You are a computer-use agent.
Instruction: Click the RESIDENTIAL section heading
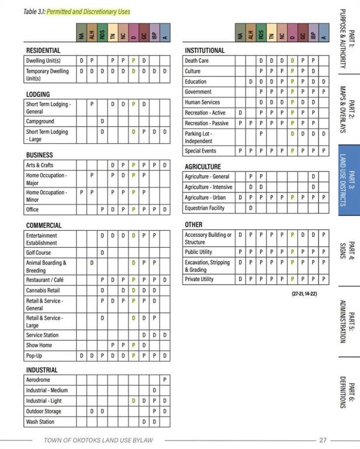point(44,51)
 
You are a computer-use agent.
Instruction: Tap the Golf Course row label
point(39,253)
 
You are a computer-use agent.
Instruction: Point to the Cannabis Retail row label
point(43,290)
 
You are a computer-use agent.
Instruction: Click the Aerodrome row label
point(39,380)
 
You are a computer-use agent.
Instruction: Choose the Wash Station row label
point(40,422)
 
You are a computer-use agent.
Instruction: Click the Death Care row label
point(196,61)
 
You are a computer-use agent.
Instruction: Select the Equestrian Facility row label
point(205,208)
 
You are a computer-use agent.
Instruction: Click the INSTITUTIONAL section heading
point(205,51)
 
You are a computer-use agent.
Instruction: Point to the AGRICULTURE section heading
point(203,167)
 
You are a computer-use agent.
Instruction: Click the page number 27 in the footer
point(323,440)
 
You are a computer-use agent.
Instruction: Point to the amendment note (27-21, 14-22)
point(304,293)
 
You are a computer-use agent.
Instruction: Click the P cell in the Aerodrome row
point(165,380)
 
